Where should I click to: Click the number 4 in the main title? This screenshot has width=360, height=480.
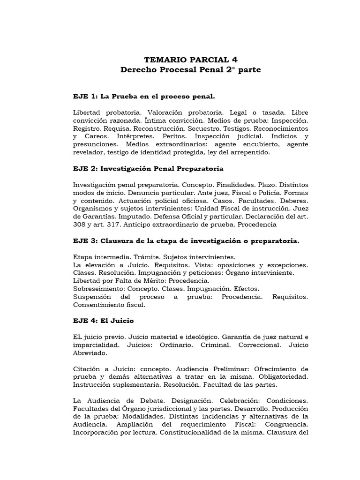pos(234,60)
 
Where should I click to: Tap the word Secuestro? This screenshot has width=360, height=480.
pos(210,128)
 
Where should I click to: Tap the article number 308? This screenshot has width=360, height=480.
pos(80,225)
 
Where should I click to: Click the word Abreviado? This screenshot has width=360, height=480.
pos(90,353)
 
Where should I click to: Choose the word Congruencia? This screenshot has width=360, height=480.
pos(288,425)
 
